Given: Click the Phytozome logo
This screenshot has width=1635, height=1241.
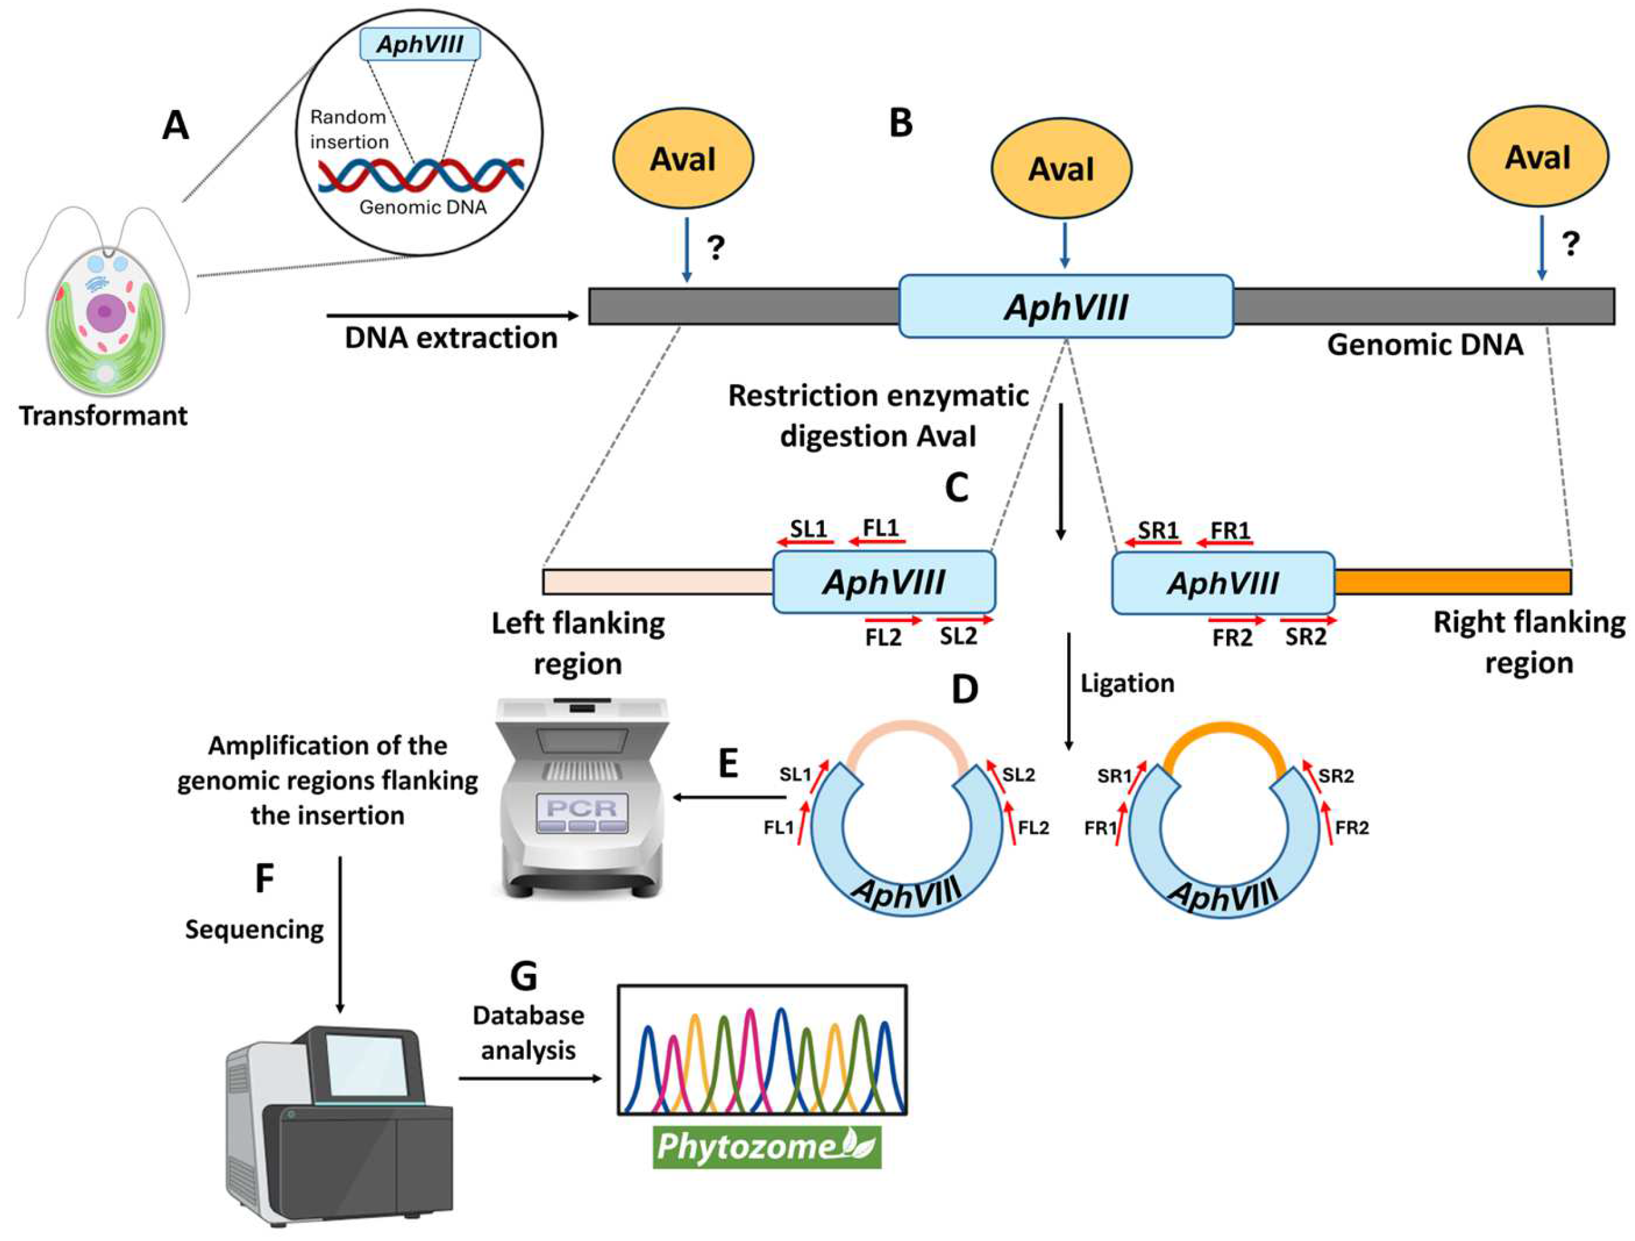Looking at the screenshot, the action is (x=766, y=1147).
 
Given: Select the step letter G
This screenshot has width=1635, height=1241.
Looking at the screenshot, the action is (x=524, y=976).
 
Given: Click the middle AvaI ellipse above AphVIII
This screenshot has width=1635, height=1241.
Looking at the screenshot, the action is (x=1062, y=168).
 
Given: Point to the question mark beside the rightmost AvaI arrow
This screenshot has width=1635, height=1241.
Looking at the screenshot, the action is (x=1571, y=244).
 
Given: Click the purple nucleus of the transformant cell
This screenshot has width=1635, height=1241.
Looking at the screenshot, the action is (x=104, y=311).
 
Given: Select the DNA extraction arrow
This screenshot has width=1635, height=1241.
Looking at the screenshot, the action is (x=452, y=316).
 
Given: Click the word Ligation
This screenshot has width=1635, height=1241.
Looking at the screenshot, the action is (x=1127, y=683).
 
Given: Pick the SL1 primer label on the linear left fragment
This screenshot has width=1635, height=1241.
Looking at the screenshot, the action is (x=809, y=528).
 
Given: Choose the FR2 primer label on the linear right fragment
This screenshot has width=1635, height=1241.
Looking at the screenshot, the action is (x=1232, y=637).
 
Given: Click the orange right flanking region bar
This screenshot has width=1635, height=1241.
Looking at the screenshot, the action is (x=1453, y=582).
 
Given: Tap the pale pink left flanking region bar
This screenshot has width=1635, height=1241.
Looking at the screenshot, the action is (x=658, y=582).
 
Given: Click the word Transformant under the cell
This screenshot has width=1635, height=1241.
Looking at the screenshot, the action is (x=103, y=415).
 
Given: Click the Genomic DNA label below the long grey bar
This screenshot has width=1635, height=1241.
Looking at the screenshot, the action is (x=1425, y=345).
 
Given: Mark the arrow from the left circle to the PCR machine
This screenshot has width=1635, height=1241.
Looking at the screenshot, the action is (x=729, y=797).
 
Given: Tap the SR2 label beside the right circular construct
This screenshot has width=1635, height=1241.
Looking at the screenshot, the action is (x=1336, y=775).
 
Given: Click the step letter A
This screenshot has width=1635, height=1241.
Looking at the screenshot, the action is (x=175, y=126).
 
